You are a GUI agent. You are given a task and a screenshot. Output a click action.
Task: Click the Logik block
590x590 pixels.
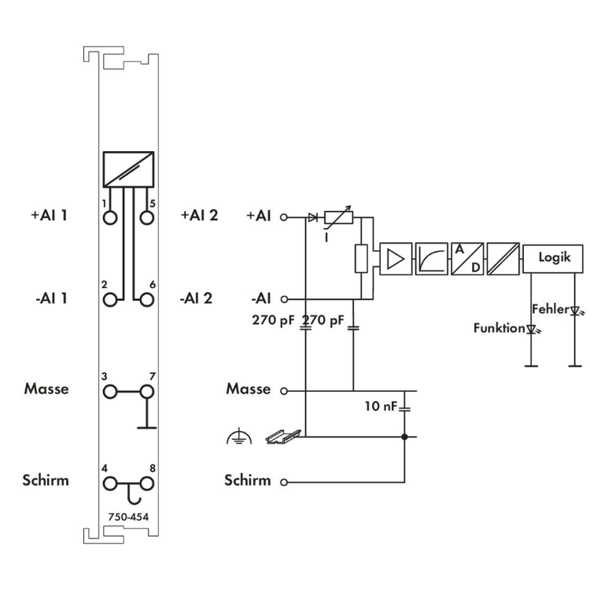point(553,258)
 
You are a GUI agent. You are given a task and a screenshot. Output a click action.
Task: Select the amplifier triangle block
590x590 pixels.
point(396,259)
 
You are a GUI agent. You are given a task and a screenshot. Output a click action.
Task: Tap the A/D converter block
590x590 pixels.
point(467,259)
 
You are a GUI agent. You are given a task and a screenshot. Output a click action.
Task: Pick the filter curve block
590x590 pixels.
point(432,259)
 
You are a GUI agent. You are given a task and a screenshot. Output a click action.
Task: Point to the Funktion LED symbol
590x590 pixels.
point(532,330)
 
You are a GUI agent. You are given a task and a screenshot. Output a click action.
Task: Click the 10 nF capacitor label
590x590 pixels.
point(381,406)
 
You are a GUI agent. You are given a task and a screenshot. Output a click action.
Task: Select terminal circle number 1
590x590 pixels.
point(110,217)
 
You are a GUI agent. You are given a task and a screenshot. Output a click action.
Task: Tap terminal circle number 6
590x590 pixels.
point(147,300)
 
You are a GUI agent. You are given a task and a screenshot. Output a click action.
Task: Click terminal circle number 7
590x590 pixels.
point(147,392)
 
